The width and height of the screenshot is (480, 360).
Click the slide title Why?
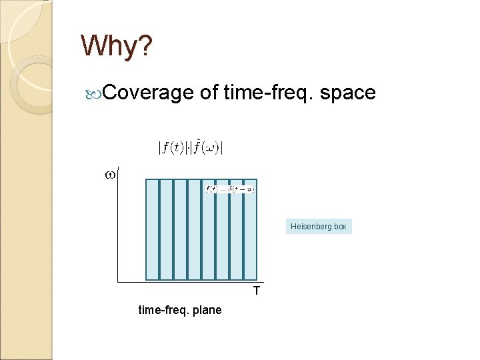pos(117,46)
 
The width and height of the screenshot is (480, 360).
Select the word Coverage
pos(148,93)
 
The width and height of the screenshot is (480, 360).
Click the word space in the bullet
pos(347,93)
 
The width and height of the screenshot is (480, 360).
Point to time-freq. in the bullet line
pos(269,93)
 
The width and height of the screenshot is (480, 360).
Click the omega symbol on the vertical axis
pos(110,175)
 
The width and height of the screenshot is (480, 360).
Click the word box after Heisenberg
pos(340,227)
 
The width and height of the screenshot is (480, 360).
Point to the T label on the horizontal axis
pos(256,291)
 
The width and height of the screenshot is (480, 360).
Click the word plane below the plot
pos(207,310)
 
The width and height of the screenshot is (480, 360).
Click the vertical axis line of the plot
pos(118,227)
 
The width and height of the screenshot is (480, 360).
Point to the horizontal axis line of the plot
pos(187,282)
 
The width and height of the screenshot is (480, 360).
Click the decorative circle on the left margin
pos(30,83)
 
